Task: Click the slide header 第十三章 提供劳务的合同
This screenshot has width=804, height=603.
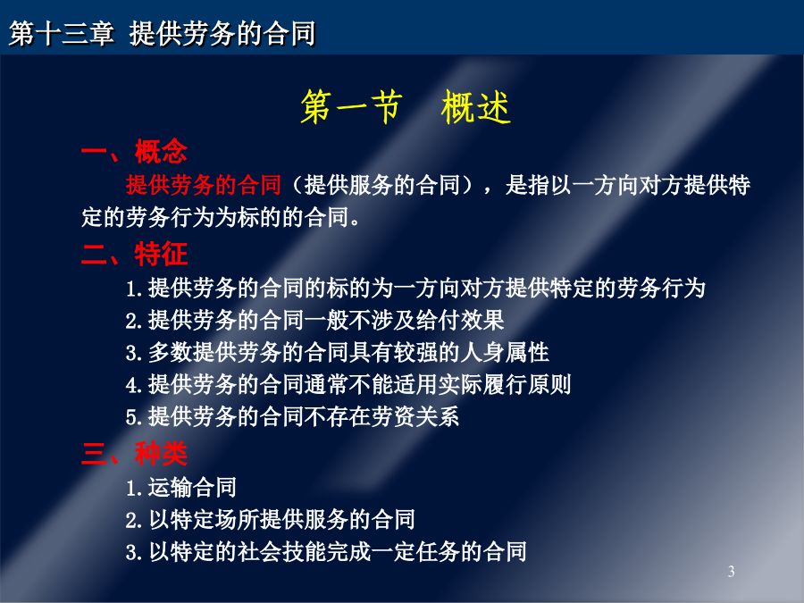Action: coord(162,34)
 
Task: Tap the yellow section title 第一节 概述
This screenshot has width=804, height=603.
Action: coord(406,106)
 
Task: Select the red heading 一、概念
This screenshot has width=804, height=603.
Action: coord(134,151)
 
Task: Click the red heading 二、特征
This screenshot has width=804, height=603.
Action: coord(134,254)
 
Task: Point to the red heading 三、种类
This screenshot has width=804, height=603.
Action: coord(134,453)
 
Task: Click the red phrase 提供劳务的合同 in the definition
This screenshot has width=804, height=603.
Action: coord(204,185)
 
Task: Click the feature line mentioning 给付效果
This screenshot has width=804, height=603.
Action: coord(314,320)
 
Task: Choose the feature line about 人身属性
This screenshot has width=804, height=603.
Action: coord(338,352)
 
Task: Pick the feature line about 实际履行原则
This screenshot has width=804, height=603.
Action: coord(348,384)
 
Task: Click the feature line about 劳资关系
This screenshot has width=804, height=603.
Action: coord(292,416)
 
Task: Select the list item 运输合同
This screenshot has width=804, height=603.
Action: coord(181,487)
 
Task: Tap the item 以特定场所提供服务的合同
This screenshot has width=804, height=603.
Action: coord(270,519)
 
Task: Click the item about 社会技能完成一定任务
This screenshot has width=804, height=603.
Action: coord(326,552)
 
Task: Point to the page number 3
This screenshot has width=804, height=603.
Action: coord(731,571)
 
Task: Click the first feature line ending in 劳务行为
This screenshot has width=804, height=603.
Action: coord(415,288)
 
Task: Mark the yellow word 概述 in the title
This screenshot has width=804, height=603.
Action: coord(476,106)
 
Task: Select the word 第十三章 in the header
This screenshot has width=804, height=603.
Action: coord(62,34)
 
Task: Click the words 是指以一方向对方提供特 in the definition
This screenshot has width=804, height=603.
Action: coord(628,185)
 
